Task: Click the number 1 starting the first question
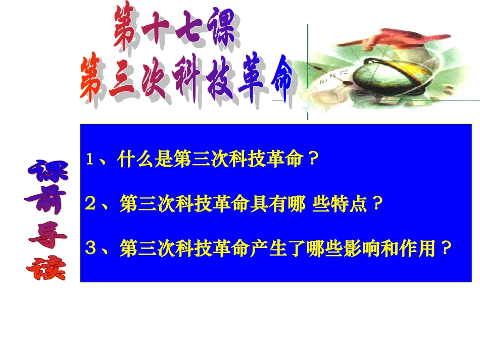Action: pos(90,160)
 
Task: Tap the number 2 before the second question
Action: pos(90,204)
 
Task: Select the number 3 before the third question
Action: pos(90,248)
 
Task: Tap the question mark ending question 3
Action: pos(445,248)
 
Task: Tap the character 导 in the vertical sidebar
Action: pos(46,235)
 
